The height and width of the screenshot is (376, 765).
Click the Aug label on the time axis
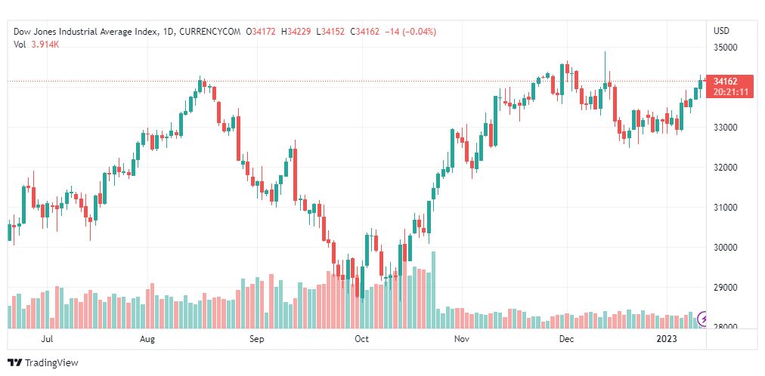(x=147, y=340)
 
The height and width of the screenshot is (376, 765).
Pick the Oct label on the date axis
(x=361, y=340)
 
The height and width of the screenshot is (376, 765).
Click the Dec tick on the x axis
(x=565, y=340)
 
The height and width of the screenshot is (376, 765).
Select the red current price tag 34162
(x=724, y=82)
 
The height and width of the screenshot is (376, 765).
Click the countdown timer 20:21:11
(x=729, y=92)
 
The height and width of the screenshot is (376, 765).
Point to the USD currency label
(x=721, y=31)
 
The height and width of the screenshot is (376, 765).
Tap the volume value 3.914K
(x=45, y=45)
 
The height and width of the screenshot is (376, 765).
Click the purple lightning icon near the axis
(x=705, y=319)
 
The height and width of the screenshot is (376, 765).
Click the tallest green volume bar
(x=433, y=291)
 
